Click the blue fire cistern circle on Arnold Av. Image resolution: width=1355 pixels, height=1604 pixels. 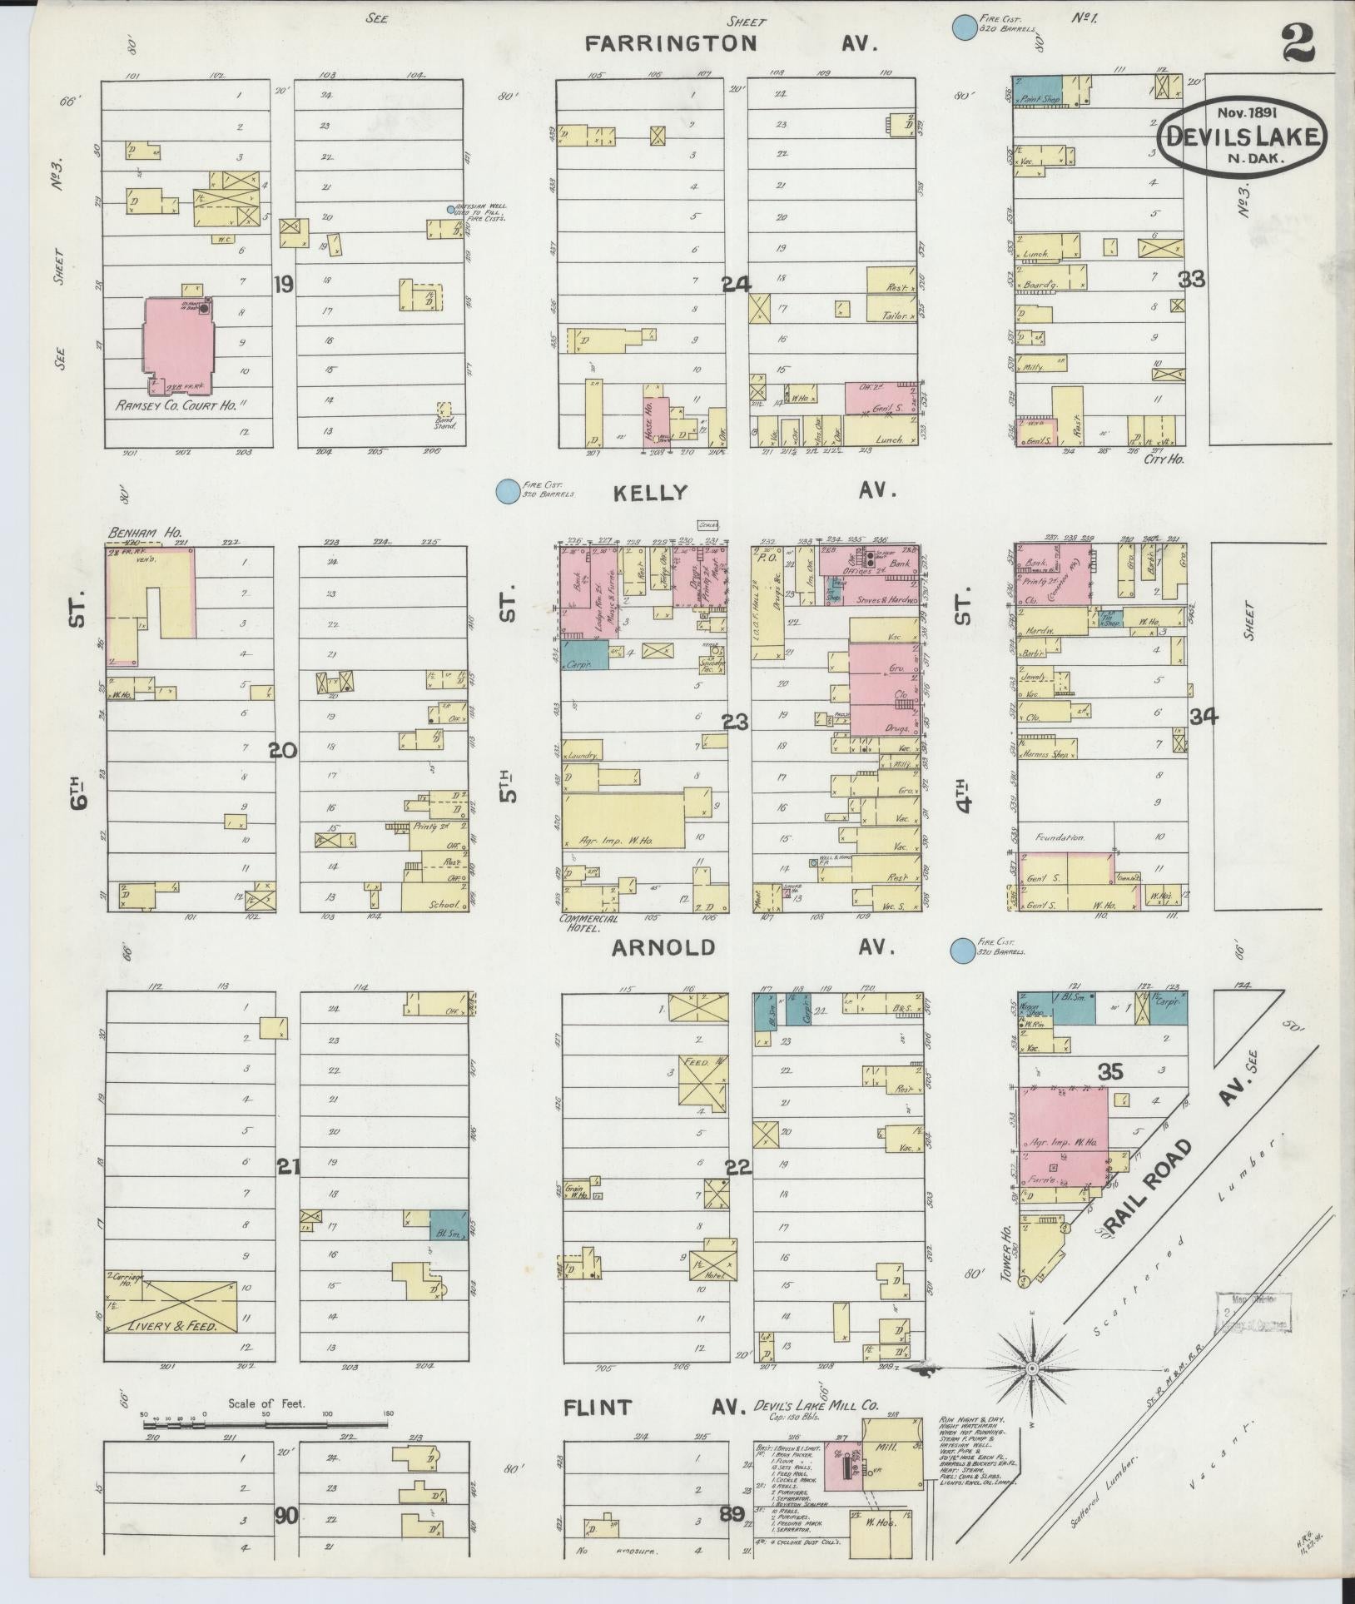click(962, 948)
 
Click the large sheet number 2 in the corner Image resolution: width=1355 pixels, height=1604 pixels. click(1298, 42)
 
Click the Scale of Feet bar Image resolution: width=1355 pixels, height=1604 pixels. click(265, 1425)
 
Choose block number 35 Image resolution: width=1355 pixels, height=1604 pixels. click(1110, 1071)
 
